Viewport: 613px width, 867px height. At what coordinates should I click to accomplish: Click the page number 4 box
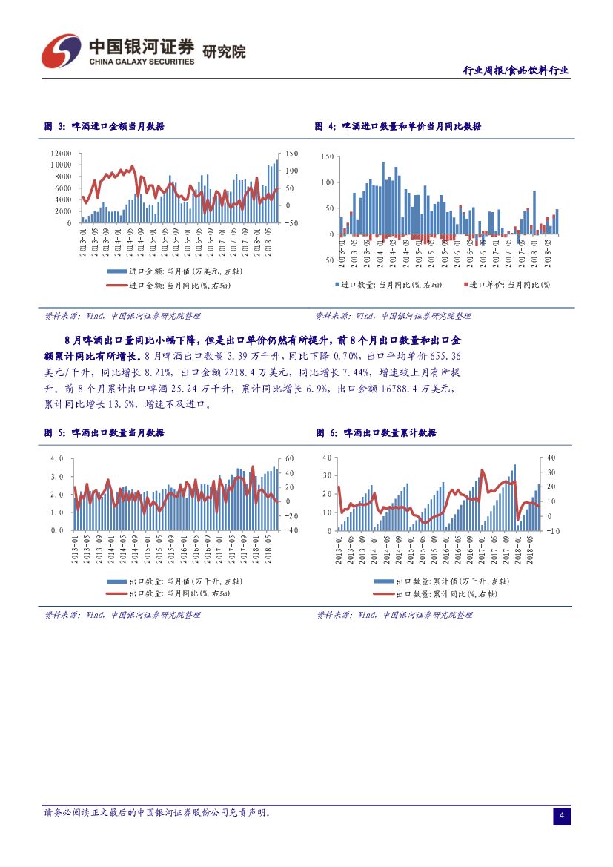tap(562, 817)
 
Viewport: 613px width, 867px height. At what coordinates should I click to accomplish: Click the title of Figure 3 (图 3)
tap(105, 127)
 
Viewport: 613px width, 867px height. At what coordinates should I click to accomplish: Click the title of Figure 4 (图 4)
tap(398, 127)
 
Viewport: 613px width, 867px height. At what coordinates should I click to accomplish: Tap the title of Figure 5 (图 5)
tap(105, 432)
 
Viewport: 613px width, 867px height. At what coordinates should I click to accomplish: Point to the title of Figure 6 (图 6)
tap(377, 432)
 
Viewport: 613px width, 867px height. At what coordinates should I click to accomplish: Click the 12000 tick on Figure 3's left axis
tap(61, 154)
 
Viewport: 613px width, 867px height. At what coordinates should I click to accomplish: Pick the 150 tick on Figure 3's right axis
tap(292, 154)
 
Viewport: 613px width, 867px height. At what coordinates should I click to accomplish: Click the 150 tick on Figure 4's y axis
tap(328, 157)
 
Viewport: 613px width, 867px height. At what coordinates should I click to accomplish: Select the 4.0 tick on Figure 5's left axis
tap(57, 458)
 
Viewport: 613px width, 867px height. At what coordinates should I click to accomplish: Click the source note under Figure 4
tap(393, 316)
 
